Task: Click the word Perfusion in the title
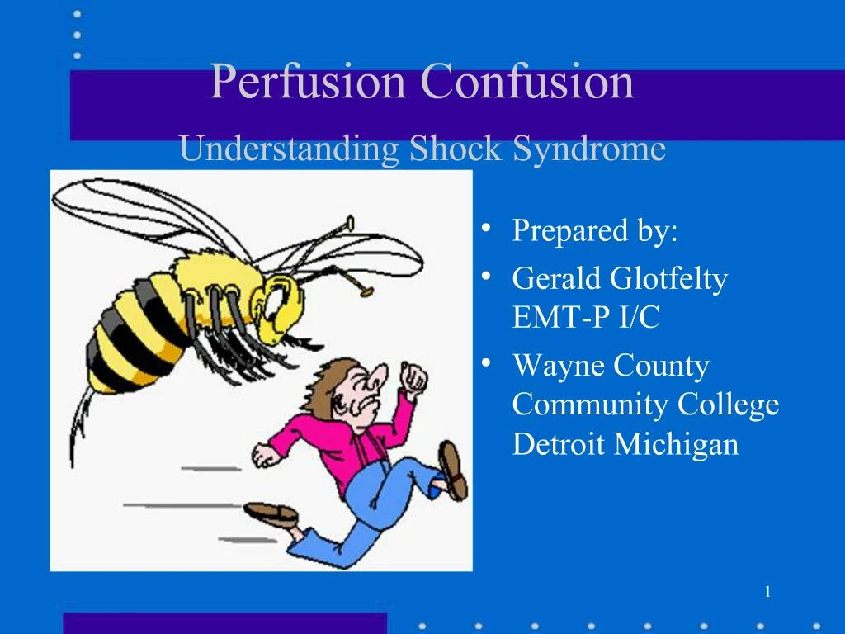[x=309, y=83]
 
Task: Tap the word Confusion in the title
[x=527, y=83]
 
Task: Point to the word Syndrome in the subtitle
[x=589, y=150]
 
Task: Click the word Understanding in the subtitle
[x=289, y=150]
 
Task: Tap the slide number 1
[x=767, y=591]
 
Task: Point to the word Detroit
[x=559, y=444]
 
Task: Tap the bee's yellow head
[x=284, y=305]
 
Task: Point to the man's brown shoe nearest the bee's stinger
[x=271, y=513]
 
